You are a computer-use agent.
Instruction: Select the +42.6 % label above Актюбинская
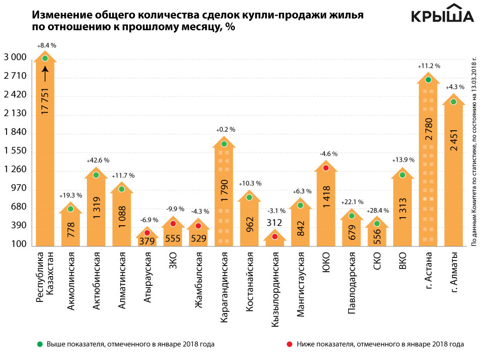pyautogui.click(x=95, y=146)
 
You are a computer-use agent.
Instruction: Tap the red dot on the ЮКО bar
pyautogui.click(x=326, y=168)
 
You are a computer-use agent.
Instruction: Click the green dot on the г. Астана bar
pyautogui.click(x=428, y=80)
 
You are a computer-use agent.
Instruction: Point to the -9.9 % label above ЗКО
pyautogui.click(x=173, y=209)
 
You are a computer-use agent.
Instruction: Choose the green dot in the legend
pyautogui.click(x=39, y=344)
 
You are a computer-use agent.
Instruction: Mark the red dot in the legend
pyautogui.click(x=290, y=344)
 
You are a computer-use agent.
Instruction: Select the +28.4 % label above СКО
pyautogui.click(x=377, y=209)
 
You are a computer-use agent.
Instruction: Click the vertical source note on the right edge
pyautogui.click(x=473, y=151)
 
